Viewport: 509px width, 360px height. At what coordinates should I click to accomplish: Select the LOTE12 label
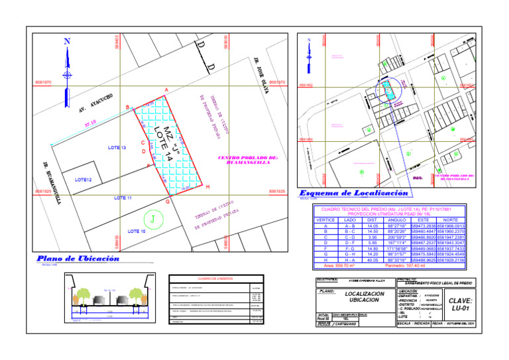point(83,180)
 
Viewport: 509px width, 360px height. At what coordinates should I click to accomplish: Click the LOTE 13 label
point(117,147)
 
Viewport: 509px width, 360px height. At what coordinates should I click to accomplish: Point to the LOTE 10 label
point(137,231)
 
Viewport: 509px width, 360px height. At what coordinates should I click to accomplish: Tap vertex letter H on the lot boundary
point(208,187)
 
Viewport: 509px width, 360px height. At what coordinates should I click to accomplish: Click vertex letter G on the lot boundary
point(168,201)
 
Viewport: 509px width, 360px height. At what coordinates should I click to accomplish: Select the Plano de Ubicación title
point(78,259)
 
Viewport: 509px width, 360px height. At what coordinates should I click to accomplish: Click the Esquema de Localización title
point(353,193)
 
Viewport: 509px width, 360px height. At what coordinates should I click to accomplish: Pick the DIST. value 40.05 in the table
point(372,260)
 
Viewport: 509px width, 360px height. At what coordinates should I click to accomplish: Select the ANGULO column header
point(396,219)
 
